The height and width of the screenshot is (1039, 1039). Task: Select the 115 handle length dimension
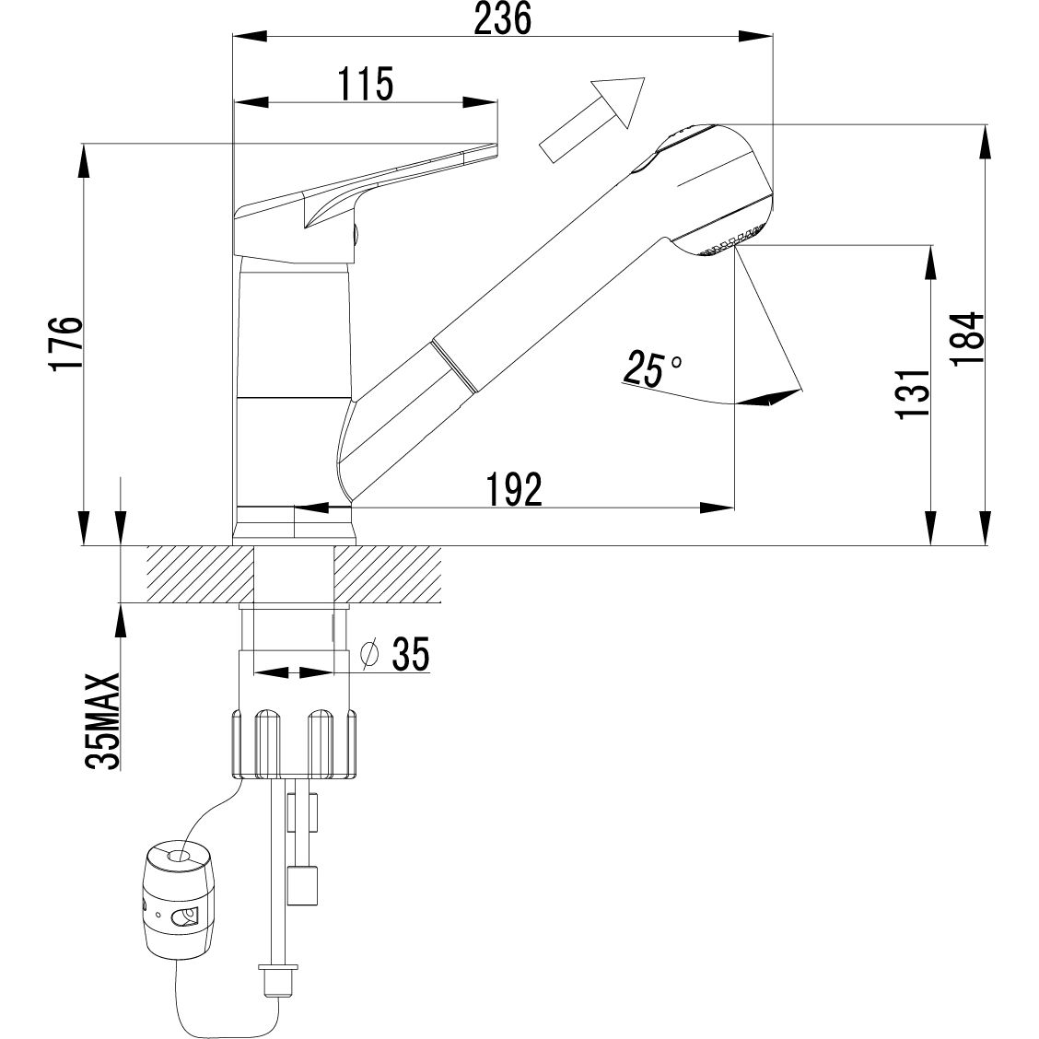pos(365,84)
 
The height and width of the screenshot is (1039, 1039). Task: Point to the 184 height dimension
pos(967,337)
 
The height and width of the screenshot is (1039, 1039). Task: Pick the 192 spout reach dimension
pos(514,490)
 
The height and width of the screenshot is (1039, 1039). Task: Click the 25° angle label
pos(651,368)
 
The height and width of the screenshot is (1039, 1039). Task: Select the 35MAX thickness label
pos(103,721)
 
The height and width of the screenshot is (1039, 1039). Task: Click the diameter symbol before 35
pos(370,653)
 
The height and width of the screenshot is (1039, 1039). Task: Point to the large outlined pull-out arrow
pos(591,119)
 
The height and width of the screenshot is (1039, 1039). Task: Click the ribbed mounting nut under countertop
pos(294,743)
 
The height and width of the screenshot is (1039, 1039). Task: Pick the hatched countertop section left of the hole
pos(201,574)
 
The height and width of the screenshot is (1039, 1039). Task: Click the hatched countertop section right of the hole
pos(388,574)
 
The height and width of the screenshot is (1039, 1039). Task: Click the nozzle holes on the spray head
pos(729,241)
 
